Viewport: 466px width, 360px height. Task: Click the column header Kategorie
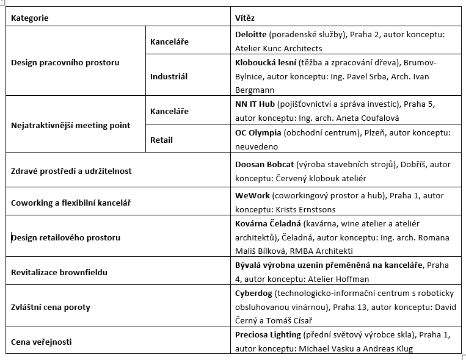[29, 18]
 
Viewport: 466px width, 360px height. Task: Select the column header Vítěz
[246, 18]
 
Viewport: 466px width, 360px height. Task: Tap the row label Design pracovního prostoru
[65, 62]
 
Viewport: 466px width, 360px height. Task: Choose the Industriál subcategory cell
[169, 77]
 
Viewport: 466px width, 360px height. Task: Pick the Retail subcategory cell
[161, 140]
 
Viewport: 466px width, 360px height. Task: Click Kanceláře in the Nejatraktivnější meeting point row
[169, 111]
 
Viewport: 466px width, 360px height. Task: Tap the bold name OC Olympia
[259, 132]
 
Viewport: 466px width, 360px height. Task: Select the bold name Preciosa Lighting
[268, 335]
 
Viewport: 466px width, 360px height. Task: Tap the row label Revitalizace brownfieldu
[59, 272]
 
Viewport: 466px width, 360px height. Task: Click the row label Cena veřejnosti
[42, 342]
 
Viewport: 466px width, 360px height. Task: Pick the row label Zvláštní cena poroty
[51, 307]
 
